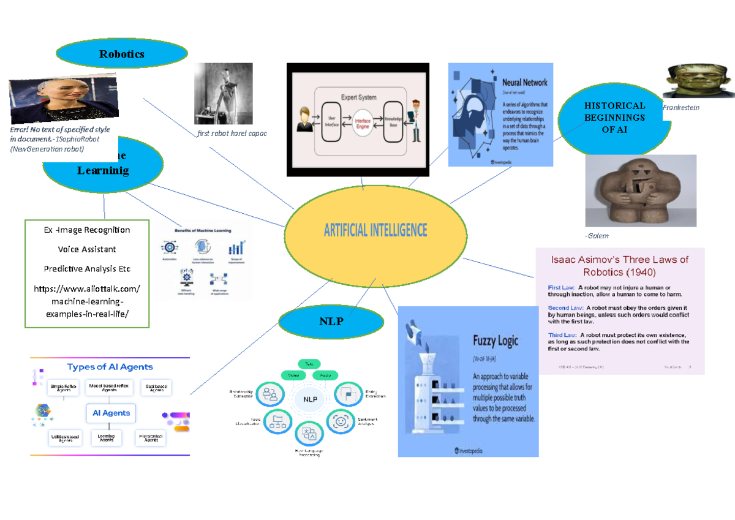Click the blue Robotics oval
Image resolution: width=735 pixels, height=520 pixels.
point(121,54)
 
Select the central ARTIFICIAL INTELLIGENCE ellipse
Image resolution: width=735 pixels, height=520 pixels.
point(375,230)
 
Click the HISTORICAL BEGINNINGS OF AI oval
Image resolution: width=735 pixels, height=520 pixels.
point(614,118)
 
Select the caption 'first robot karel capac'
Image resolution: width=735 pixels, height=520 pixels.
point(231,133)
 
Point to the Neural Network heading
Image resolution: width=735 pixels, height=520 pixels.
point(524,82)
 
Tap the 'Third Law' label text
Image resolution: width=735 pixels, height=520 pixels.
point(561,335)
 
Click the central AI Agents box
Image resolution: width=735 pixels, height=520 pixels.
point(111,413)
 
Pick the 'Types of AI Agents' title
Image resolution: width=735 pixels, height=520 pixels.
point(110,367)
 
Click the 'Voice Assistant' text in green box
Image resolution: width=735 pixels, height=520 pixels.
point(87,249)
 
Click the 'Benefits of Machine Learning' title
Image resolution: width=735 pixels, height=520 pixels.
point(204,230)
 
